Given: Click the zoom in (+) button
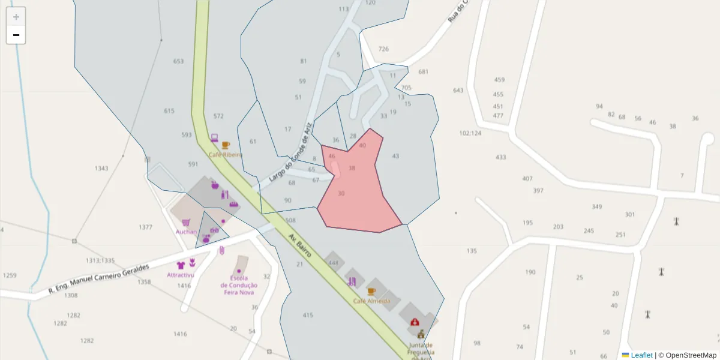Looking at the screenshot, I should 16,17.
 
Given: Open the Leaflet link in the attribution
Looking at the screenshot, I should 641,355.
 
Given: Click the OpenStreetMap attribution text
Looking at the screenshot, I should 691,355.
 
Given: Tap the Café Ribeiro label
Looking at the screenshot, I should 225,155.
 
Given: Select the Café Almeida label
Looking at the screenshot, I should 371,301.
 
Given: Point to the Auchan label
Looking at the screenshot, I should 186,232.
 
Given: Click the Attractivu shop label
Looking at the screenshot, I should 181,275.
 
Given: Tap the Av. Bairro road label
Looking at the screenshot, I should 299,246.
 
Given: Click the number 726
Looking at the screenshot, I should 383,49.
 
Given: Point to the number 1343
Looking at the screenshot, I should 101,169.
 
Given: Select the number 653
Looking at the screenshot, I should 178,61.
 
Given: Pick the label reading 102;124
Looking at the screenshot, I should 470,133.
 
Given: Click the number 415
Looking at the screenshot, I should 308,315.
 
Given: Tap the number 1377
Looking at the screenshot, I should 145,227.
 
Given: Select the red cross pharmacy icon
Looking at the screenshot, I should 414,322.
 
